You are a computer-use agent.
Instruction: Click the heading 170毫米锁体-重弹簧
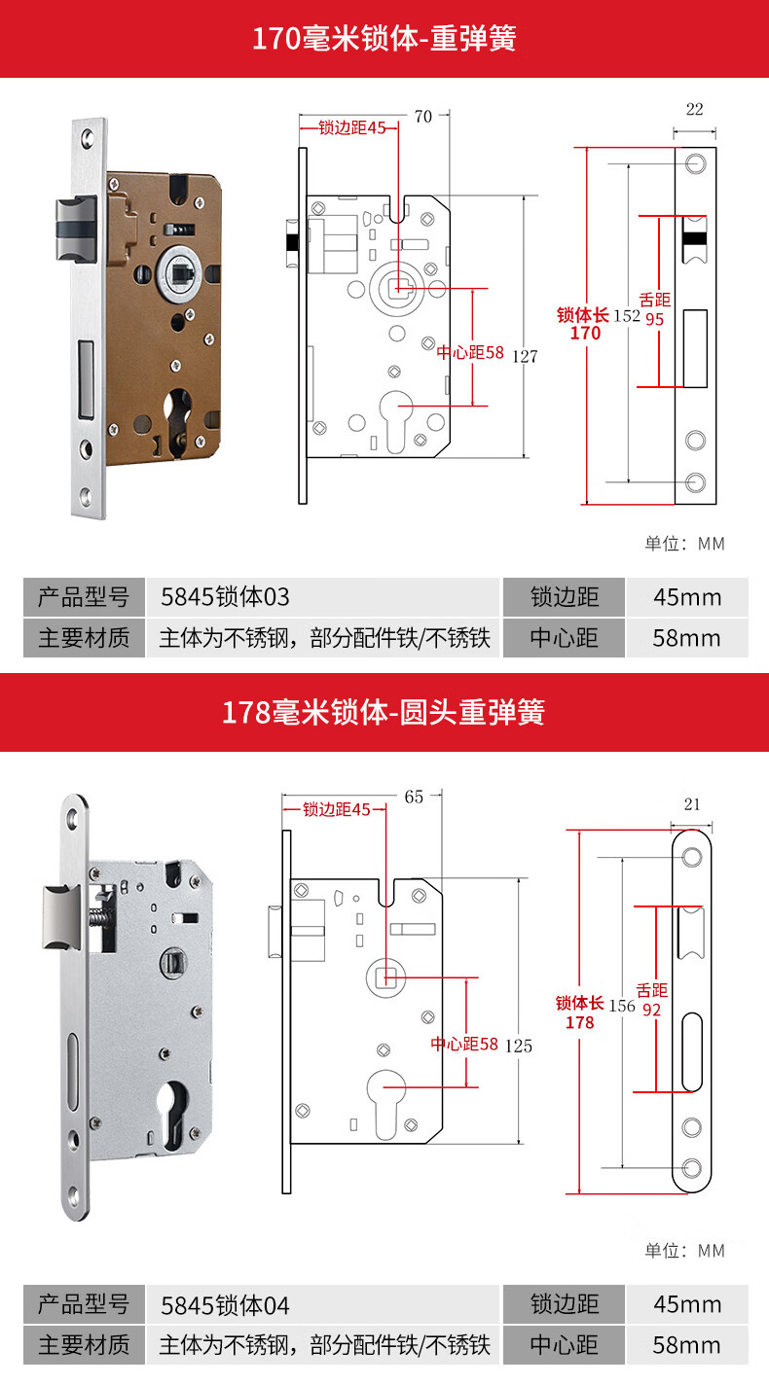(x=384, y=39)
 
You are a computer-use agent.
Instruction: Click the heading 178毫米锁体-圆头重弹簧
(x=384, y=712)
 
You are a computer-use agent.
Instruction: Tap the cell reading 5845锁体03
(x=225, y=596)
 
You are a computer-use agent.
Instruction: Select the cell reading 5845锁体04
(x=225, y=1303)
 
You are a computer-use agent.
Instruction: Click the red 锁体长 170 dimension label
(x=584, y=324)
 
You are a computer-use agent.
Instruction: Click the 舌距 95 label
(x=655, y=309)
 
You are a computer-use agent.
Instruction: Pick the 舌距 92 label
(x=652, y=1000)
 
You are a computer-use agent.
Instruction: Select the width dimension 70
(x=422, y=117)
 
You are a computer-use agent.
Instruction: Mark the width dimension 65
(x=414, y=797)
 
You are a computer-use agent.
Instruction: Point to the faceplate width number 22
(x=694, y=110)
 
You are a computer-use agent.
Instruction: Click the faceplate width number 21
(x=692, y=804)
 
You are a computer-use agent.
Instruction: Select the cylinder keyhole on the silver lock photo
(x=169, y=1107)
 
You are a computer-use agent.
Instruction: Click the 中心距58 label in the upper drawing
(x=470, y=352)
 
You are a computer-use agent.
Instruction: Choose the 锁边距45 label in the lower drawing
(x=336, y=809)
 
